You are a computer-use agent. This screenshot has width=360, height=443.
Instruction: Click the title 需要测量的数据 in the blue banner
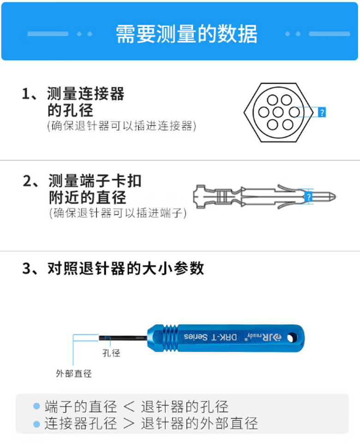click(186, 34)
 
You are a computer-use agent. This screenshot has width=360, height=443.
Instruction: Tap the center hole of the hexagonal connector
click(278, 112)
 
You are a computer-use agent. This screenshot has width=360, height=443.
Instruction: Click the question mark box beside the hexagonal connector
click(322, 112)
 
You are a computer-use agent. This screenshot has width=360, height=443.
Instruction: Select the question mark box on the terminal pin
click(309, 196)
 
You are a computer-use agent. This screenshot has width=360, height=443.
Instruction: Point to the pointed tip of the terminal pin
click(335, 196)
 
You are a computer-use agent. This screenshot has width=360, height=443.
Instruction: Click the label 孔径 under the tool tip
click(111, 353)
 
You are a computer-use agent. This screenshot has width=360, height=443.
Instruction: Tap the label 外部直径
click(74, 374)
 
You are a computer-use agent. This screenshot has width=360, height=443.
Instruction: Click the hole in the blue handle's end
click(292, 338)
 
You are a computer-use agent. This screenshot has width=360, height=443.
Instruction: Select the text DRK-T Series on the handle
click(210, 337)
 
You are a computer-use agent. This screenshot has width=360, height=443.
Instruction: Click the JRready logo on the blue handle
click(264, 337)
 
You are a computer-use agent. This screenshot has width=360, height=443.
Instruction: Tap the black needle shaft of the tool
click(123, 338)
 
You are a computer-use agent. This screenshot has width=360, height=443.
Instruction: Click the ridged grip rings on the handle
click(170, 338)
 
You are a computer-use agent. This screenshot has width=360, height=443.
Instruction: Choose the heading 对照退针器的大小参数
click(126, 268)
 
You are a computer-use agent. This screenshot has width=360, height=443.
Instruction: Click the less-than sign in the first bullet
click(129, 407)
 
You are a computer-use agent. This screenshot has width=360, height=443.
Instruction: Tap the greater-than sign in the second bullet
click(129, 424)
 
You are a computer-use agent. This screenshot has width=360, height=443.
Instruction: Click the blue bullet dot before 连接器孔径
click(37, 424)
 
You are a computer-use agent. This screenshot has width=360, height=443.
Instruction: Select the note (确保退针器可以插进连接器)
click(122, 126)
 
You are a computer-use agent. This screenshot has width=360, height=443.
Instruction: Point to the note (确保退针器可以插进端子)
click(118, 213)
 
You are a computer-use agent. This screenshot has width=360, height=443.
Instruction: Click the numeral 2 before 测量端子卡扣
click(28, 181)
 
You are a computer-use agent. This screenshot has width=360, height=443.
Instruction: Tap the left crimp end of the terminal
click(199, 197)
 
